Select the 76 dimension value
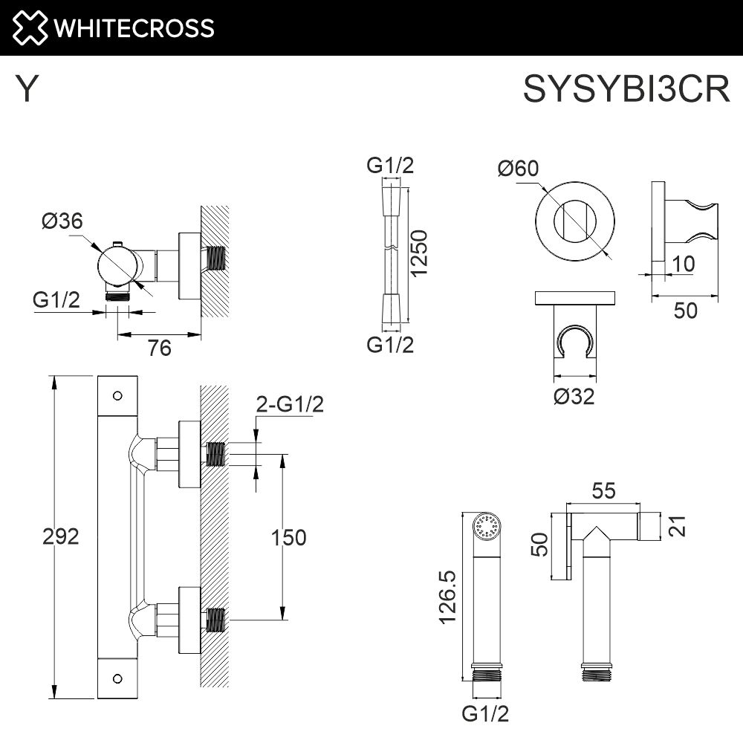point(160,347)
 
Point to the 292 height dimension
point(60,536)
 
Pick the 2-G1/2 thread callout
point(290,404)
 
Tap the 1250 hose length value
point(420,253)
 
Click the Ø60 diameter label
point(517,169)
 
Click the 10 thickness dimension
point(685,263)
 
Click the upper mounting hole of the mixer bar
point(117,395)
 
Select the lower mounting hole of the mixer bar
point(117,678)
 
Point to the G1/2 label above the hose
point(390,166)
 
